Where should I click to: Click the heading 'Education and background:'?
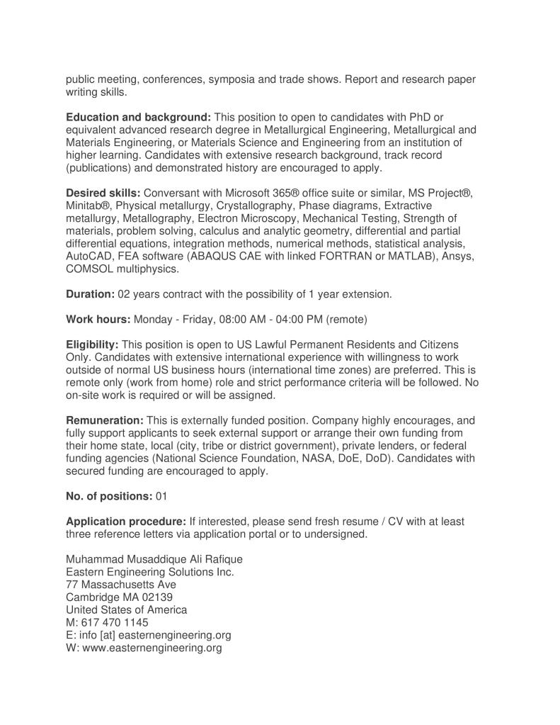[x=139, y=117]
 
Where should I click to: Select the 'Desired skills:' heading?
[x=103, y=193]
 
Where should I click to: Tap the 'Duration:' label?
[x=90, y=293]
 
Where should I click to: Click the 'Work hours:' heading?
[x=98, y=319]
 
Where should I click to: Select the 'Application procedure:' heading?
[x=126, y=522]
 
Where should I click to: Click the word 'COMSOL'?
[x=89, y=269]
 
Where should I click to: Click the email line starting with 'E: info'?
[x=149, y=635]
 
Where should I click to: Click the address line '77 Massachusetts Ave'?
[x=121, y=585]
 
